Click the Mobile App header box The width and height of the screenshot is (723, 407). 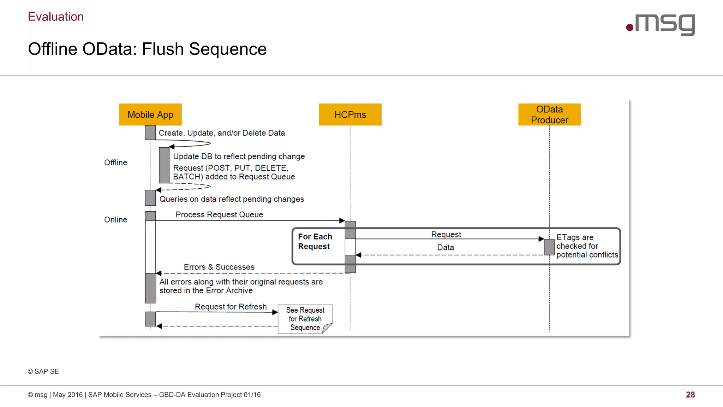coord(150,114)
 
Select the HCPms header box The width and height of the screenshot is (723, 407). coord(350,114)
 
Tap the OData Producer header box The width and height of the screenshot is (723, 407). coord(549,114)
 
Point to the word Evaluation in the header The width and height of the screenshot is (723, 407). coord(56,17)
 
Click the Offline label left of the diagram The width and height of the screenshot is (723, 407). coord(115,163)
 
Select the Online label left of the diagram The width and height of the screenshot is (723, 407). coord(115,219)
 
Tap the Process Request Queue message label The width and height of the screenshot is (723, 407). coord(219,214)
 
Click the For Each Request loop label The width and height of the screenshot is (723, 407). coord(315,241)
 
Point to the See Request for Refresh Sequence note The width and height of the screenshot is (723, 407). coord(305,319)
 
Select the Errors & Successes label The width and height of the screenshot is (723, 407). coord(219,267)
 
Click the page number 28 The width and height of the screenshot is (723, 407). coord(690,395)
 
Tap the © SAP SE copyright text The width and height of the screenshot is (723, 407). coord(43,371)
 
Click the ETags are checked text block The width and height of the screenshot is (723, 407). coord(587,246)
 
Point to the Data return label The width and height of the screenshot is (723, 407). coord(446,247)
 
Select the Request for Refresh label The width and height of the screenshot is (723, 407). coord(231,307)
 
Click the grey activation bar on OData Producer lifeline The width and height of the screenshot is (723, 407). coord(549,247)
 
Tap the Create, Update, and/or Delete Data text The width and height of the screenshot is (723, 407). coord(221,133)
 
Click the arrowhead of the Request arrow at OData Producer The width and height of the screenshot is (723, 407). coord(541,239)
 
